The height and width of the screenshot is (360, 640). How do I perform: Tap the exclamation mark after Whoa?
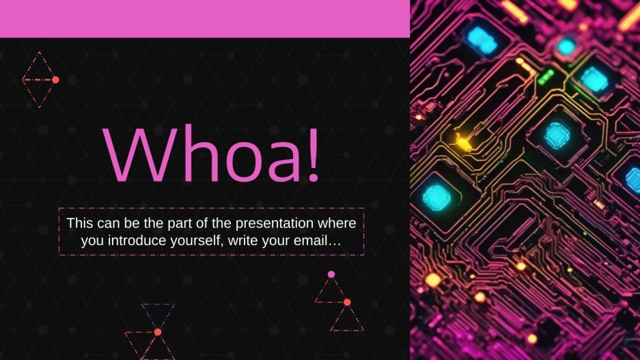(313, 155)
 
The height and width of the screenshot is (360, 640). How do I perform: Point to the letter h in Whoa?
(189, 155)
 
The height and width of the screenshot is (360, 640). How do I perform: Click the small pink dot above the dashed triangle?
(331, 274)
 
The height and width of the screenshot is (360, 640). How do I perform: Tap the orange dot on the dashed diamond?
(55, 80)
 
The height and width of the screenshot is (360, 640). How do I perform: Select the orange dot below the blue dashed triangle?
(158, 332)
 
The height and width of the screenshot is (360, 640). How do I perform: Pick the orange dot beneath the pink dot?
(347, 302)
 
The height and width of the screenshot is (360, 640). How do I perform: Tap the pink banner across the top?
(205, 18)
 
